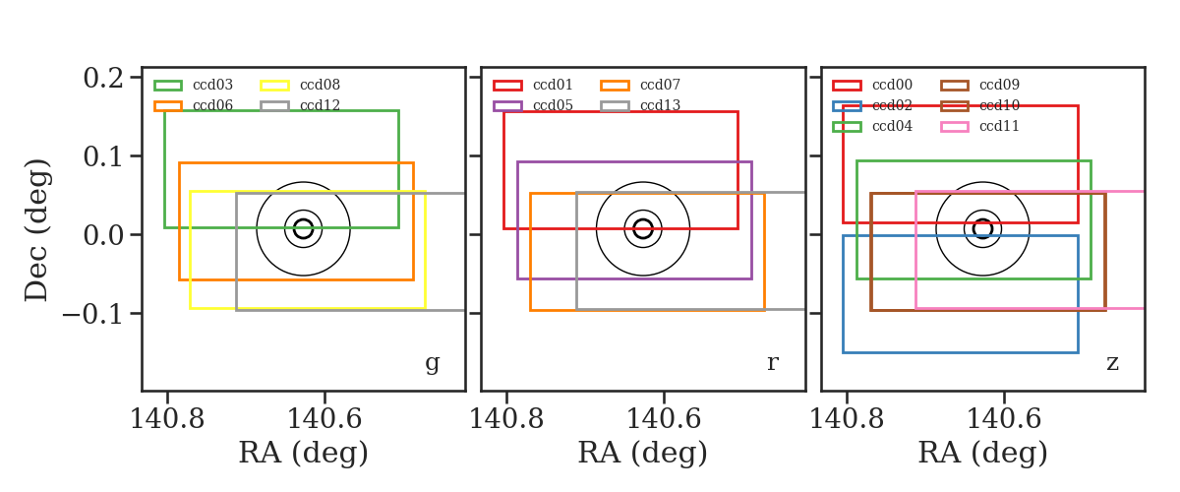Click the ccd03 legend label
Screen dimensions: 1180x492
(212, 85)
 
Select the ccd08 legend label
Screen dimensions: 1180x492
(320, 85)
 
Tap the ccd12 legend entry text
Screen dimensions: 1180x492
(320, 105)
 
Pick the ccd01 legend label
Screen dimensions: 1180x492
(553, 85)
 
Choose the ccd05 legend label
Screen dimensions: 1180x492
(553, 105)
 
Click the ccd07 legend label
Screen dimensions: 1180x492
(660, 85)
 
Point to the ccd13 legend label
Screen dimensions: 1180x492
(660, 105)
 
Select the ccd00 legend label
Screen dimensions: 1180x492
(893, 85)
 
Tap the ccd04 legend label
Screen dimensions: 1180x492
(893, 127)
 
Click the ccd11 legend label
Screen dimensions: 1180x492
(999, 127)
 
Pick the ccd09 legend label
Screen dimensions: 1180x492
(999, 85)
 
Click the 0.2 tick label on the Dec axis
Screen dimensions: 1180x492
(103, 78)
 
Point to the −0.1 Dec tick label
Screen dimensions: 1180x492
(93, 314)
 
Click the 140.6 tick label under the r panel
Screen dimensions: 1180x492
(664, 419)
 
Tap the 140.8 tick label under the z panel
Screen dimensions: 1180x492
(846, 419)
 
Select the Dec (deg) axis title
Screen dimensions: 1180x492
(37, 230)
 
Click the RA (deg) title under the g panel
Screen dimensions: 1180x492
(304, 453)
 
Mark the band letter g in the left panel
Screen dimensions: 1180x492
(432, 363)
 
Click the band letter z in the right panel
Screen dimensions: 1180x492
(1112, 363)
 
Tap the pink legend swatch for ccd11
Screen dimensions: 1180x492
(955, 127)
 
